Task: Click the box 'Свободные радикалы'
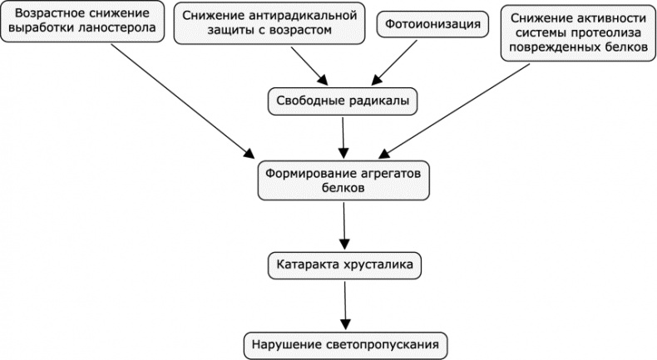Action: pos(343,101)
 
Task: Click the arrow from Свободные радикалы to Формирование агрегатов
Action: pos(343,135)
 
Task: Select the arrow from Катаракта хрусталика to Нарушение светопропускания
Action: pos(343,303)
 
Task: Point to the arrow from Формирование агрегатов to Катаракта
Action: pos(343,224)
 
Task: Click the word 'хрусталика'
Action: pos(385,265)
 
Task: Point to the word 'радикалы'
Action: pos(382,101)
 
